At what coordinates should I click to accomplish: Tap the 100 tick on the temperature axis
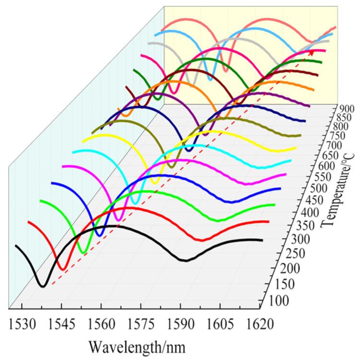tap(274, 301)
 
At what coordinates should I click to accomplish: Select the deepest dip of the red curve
tap(61, 269)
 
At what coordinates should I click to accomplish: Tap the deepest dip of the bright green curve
tap(82, 252)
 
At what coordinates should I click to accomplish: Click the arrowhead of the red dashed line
tap(312, 52)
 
